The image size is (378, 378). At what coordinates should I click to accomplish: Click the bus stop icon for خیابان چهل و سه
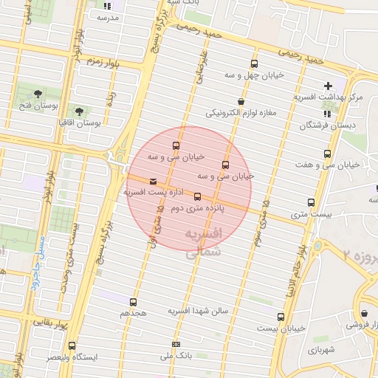pyautogui.click(x=254, y=63)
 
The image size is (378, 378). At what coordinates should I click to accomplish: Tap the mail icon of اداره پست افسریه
pyautogui.click(x=153, y=181)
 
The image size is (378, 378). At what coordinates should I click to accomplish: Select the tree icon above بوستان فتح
pyautogui.click(x=38, y=92)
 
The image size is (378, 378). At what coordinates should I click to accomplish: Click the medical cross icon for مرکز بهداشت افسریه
pyautogui.click(x=328, y=86)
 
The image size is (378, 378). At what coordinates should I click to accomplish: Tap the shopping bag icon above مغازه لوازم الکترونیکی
pyautogui.click(x=241, y=102)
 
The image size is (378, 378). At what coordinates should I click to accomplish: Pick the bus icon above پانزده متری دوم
pyautogui.click(x=197, y=196)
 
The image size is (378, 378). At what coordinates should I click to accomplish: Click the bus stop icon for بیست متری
pyautogui.click(x=310, y=202)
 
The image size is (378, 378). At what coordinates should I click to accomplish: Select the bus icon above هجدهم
pyautogui.click(x=133, y=302)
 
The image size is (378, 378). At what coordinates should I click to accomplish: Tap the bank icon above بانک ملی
pyautogui.click(x=176, y=344)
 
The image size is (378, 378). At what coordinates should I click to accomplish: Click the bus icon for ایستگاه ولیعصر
pyautogui.click(x=72, y=346)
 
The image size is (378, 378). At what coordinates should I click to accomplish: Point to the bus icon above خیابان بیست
pyautogui.click(x=281, y=316)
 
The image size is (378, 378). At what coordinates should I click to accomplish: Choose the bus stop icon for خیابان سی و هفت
pyautogui.click(x=327, y=154)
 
